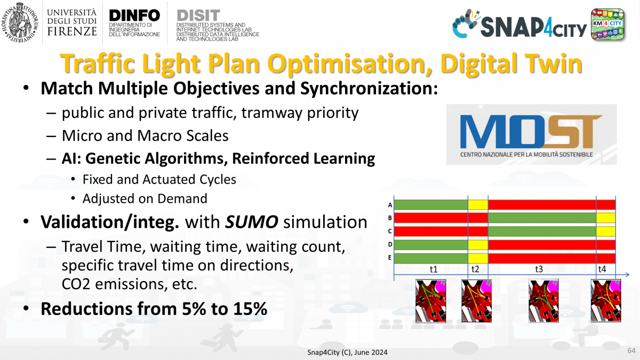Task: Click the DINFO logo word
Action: tap(134, 15)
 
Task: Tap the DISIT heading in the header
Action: tap(198, 15)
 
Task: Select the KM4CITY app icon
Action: tap(607, 24)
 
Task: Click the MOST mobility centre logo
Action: tap(531, 134)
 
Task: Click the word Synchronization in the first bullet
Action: tap(369, 89)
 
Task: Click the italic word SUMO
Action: tap(252, 222)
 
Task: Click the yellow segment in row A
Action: tap(478, 205)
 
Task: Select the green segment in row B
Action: tap(542, 218)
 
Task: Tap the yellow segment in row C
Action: tap(606, 231)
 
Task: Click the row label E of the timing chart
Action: tap(390, 258)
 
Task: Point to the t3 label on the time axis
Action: tap(539, 269)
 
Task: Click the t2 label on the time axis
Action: tap(475, 269)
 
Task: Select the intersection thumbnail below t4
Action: tap(606, 301)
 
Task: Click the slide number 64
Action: tap(631, 350)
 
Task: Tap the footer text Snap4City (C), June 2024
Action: tap(347, 353)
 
